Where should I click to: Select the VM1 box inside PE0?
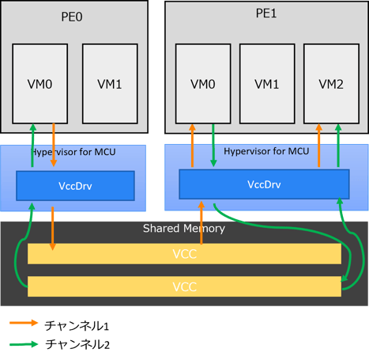(x=109, y=83)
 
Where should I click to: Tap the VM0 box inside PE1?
(x=203, y=83)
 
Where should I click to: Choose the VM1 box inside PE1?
(x=267, y=83)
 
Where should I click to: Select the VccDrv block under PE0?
(x=76, y=186)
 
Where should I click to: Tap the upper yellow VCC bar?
(x=184, y=254)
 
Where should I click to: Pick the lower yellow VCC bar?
(x=184, y=286)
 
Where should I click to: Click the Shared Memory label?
(x=184, y=229)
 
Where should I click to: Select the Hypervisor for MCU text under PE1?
(x=266, y=151)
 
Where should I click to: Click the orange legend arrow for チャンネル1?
(x=23, y=324)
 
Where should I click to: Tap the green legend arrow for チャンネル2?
(x=23, y=344)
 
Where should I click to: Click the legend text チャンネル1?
(x=76, y=324)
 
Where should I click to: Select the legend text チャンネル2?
(x=76, y=344)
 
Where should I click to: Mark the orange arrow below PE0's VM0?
(x=53, y=145)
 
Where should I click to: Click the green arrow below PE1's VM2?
(x=337, y=145)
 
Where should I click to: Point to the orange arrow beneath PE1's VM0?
(x=192, y=145)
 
